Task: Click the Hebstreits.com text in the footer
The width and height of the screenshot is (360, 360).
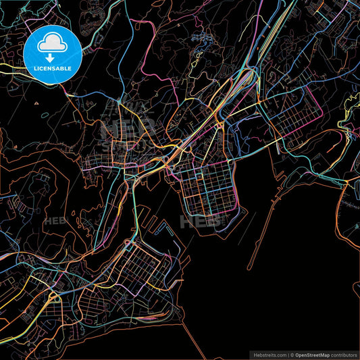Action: coord(269,354)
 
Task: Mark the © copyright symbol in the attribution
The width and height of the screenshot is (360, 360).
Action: coord(292,354)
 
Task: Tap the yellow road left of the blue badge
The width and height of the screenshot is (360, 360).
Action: coord(10,67)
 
